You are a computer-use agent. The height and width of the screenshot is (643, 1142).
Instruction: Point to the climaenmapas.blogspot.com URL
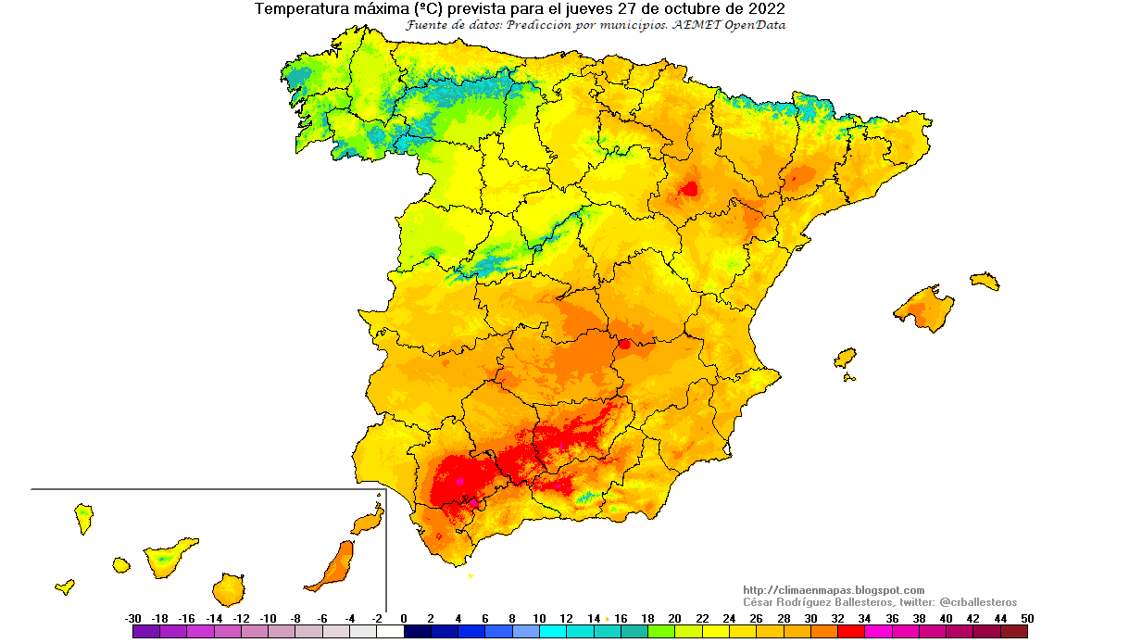834,590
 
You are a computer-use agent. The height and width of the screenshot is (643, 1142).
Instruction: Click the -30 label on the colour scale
132,618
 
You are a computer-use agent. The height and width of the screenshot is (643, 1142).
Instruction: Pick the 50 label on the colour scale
1026,618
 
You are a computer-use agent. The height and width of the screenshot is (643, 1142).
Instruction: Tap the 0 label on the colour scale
404,618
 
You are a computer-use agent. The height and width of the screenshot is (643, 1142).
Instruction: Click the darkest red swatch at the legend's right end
1014,632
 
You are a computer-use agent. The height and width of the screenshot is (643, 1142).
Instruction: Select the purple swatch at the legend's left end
146,632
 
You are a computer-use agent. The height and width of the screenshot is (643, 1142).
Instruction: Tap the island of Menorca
985,280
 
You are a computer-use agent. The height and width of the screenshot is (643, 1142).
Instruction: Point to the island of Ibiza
845,358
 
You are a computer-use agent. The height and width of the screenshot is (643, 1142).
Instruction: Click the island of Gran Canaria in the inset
228,588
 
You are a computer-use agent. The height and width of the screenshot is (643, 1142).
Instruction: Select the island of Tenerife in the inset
169,557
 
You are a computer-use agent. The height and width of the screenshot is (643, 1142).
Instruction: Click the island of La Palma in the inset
83,517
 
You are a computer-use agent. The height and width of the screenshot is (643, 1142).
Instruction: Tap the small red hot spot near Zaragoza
689,189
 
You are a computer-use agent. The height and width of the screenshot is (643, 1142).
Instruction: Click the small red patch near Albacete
624,344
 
